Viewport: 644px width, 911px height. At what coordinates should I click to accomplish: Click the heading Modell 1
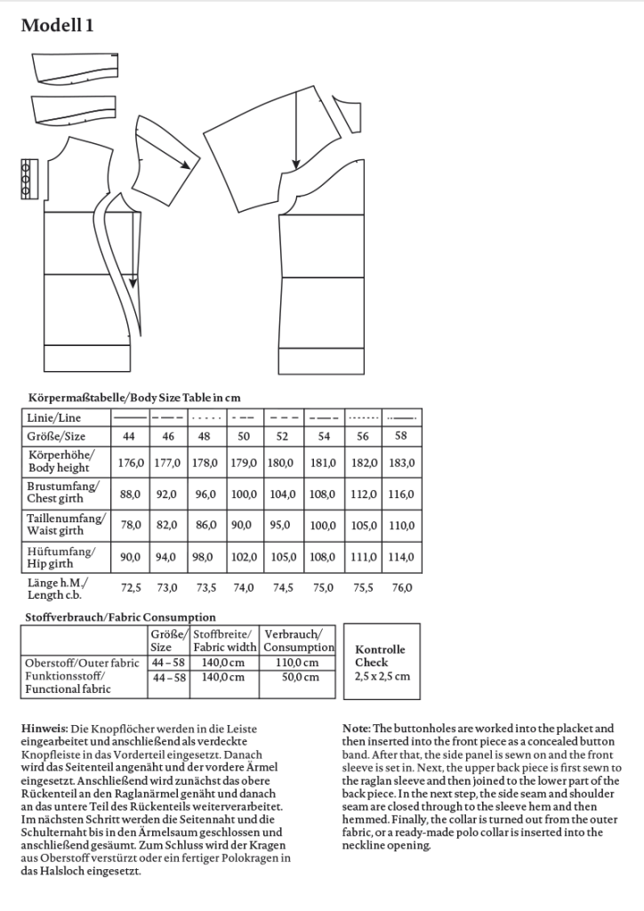tap(58, 26)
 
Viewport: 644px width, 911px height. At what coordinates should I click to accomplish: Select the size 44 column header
tap(129, 437)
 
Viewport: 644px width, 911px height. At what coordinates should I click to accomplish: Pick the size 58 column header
tap(402, 436)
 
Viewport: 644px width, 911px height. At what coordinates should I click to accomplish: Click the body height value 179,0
tap(244, 463)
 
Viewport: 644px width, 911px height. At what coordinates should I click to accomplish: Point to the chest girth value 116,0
tap(402, 494)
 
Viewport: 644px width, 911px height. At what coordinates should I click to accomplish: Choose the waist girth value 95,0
tap(282, 525)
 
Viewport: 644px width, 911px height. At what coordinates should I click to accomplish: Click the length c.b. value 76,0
tap(402, 587)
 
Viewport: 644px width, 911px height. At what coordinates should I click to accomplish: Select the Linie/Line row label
tap(52, 417)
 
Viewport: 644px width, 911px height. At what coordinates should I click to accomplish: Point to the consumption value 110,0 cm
tap(299, 663)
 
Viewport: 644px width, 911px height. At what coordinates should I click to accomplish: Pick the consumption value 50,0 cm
tap(299, 677)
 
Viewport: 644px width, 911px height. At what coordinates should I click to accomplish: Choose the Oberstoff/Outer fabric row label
tap(82, 663)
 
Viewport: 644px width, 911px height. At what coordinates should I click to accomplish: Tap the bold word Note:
tap(357, 729)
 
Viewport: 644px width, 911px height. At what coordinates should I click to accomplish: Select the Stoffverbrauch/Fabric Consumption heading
tap(117, 617)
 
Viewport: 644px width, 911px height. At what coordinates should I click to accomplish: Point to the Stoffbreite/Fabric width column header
tap(224, 641)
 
